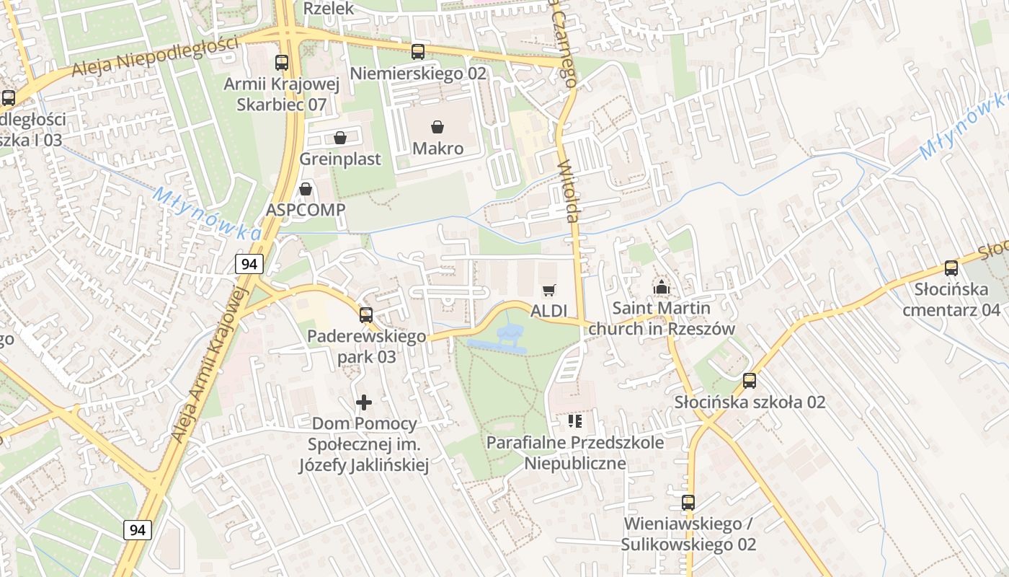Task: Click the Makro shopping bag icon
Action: point(437,128)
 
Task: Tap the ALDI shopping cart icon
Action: point(548,290)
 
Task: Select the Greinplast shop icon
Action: point(340,138)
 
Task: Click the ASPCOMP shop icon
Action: point(306,189)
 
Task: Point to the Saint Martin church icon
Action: point(660,287)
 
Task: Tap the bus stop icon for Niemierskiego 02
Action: point(417,52)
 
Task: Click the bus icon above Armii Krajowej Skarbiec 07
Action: point(281,63)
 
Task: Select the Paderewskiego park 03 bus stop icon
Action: point(366,315)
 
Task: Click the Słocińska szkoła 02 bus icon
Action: point(750,381)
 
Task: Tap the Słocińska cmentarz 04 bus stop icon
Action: point(951,268)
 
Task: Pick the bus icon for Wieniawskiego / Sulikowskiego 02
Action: point(688,503)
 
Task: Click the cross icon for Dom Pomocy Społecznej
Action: point(365,402)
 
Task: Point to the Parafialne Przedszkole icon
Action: point(574,420)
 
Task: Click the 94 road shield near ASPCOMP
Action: point(249,264)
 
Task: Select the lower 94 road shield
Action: point(138,530)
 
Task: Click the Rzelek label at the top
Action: point(329,9)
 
